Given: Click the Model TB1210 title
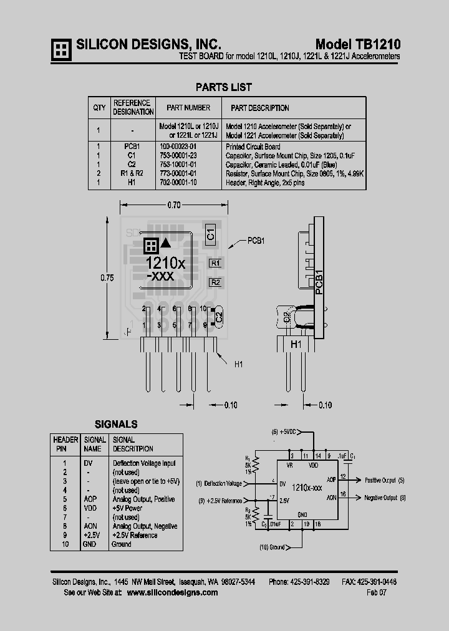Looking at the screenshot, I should click(x=357, y=44).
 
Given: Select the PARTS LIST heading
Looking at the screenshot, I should click(x=224, y=87).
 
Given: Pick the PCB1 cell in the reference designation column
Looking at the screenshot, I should click(x=132, y=147).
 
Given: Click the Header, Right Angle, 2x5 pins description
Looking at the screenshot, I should click(x=266, y=182).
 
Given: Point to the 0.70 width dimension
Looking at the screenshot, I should click(x=174, y=205).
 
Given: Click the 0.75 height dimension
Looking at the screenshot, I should click(x=107, y=278).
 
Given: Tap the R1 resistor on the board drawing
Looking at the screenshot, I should click(x=215, y=263).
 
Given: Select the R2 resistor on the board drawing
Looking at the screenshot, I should click(x=215, y=282).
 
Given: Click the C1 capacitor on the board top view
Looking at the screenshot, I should click(x=210, y=234).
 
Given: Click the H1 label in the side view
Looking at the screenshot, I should click(x=296, y=344).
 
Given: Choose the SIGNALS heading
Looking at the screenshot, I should click(x=116, y=424).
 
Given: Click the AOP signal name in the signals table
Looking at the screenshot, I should click(x=90, y=499).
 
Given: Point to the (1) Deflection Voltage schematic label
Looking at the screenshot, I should click(x=218, y=483).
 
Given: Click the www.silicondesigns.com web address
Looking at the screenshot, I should click(x=172, y=592).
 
